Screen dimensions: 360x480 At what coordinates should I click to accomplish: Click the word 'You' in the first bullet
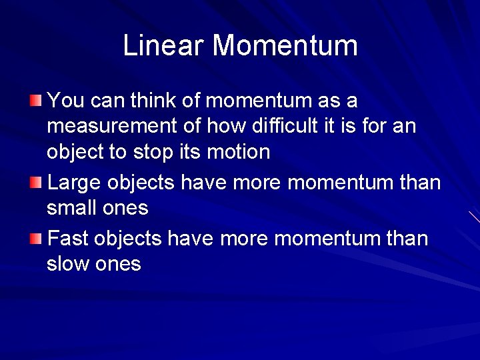tap(65, 101)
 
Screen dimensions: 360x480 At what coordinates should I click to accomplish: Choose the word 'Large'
tap(73, 183)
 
